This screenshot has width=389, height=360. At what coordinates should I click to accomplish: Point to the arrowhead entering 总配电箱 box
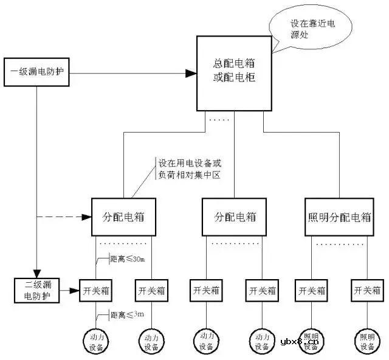coord(191,74)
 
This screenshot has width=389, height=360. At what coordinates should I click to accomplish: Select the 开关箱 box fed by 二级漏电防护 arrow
coord(94,291)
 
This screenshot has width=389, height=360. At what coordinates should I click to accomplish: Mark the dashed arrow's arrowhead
coord(86,216)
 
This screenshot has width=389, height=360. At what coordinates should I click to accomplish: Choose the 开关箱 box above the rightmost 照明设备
coord(367,291)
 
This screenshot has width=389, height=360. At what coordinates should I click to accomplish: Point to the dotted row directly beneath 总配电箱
coord(219,120)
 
